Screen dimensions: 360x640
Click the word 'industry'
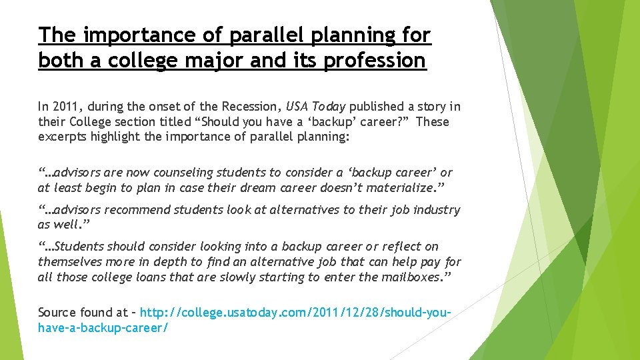[x=437, y=210]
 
